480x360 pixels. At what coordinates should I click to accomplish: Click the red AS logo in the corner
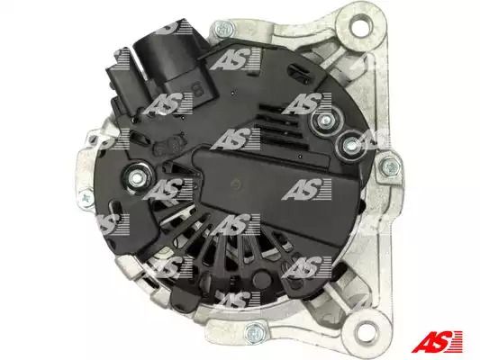tap(438, 342)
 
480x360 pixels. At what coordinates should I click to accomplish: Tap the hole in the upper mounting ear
tap(361, 26)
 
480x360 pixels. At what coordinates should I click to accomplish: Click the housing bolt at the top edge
tap(223, 29)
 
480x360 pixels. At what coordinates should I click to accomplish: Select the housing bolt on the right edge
tap(390, 167)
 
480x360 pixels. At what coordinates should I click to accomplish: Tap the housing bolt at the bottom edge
tap(255, 332)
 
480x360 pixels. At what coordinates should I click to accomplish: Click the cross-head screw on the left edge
tap(87, 198)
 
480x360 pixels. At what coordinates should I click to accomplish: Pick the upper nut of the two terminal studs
tap(325, 121)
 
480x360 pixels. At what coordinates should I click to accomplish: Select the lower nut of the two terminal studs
tap(349, 145)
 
